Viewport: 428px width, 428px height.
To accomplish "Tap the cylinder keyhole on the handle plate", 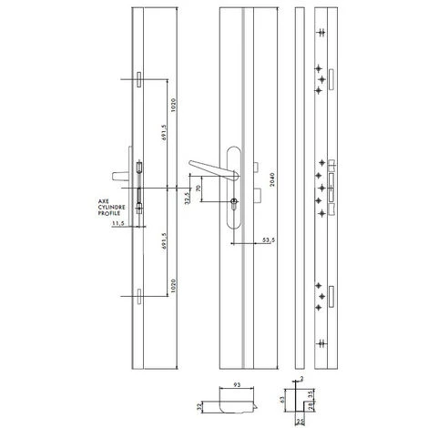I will pyautogui.click(x=235, y=202).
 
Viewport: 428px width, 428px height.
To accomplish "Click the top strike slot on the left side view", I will pyautogui.click(x=138, y=80).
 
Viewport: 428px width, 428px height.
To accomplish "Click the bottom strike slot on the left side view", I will pyautogui.click(x=138, y=293).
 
